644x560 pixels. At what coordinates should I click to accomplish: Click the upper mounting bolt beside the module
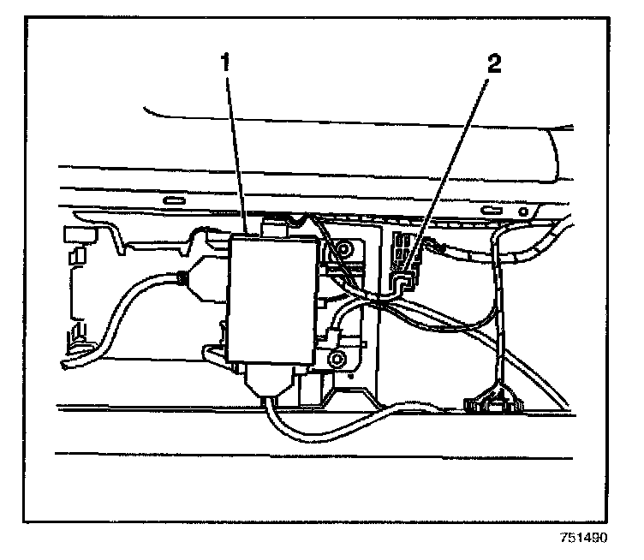(x=344, y=251)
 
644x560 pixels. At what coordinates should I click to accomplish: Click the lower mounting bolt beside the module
(x=337, y=360)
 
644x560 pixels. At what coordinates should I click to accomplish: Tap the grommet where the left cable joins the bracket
(x=182, y=277)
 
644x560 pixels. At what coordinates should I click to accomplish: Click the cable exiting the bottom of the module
(x=283, y=420)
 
